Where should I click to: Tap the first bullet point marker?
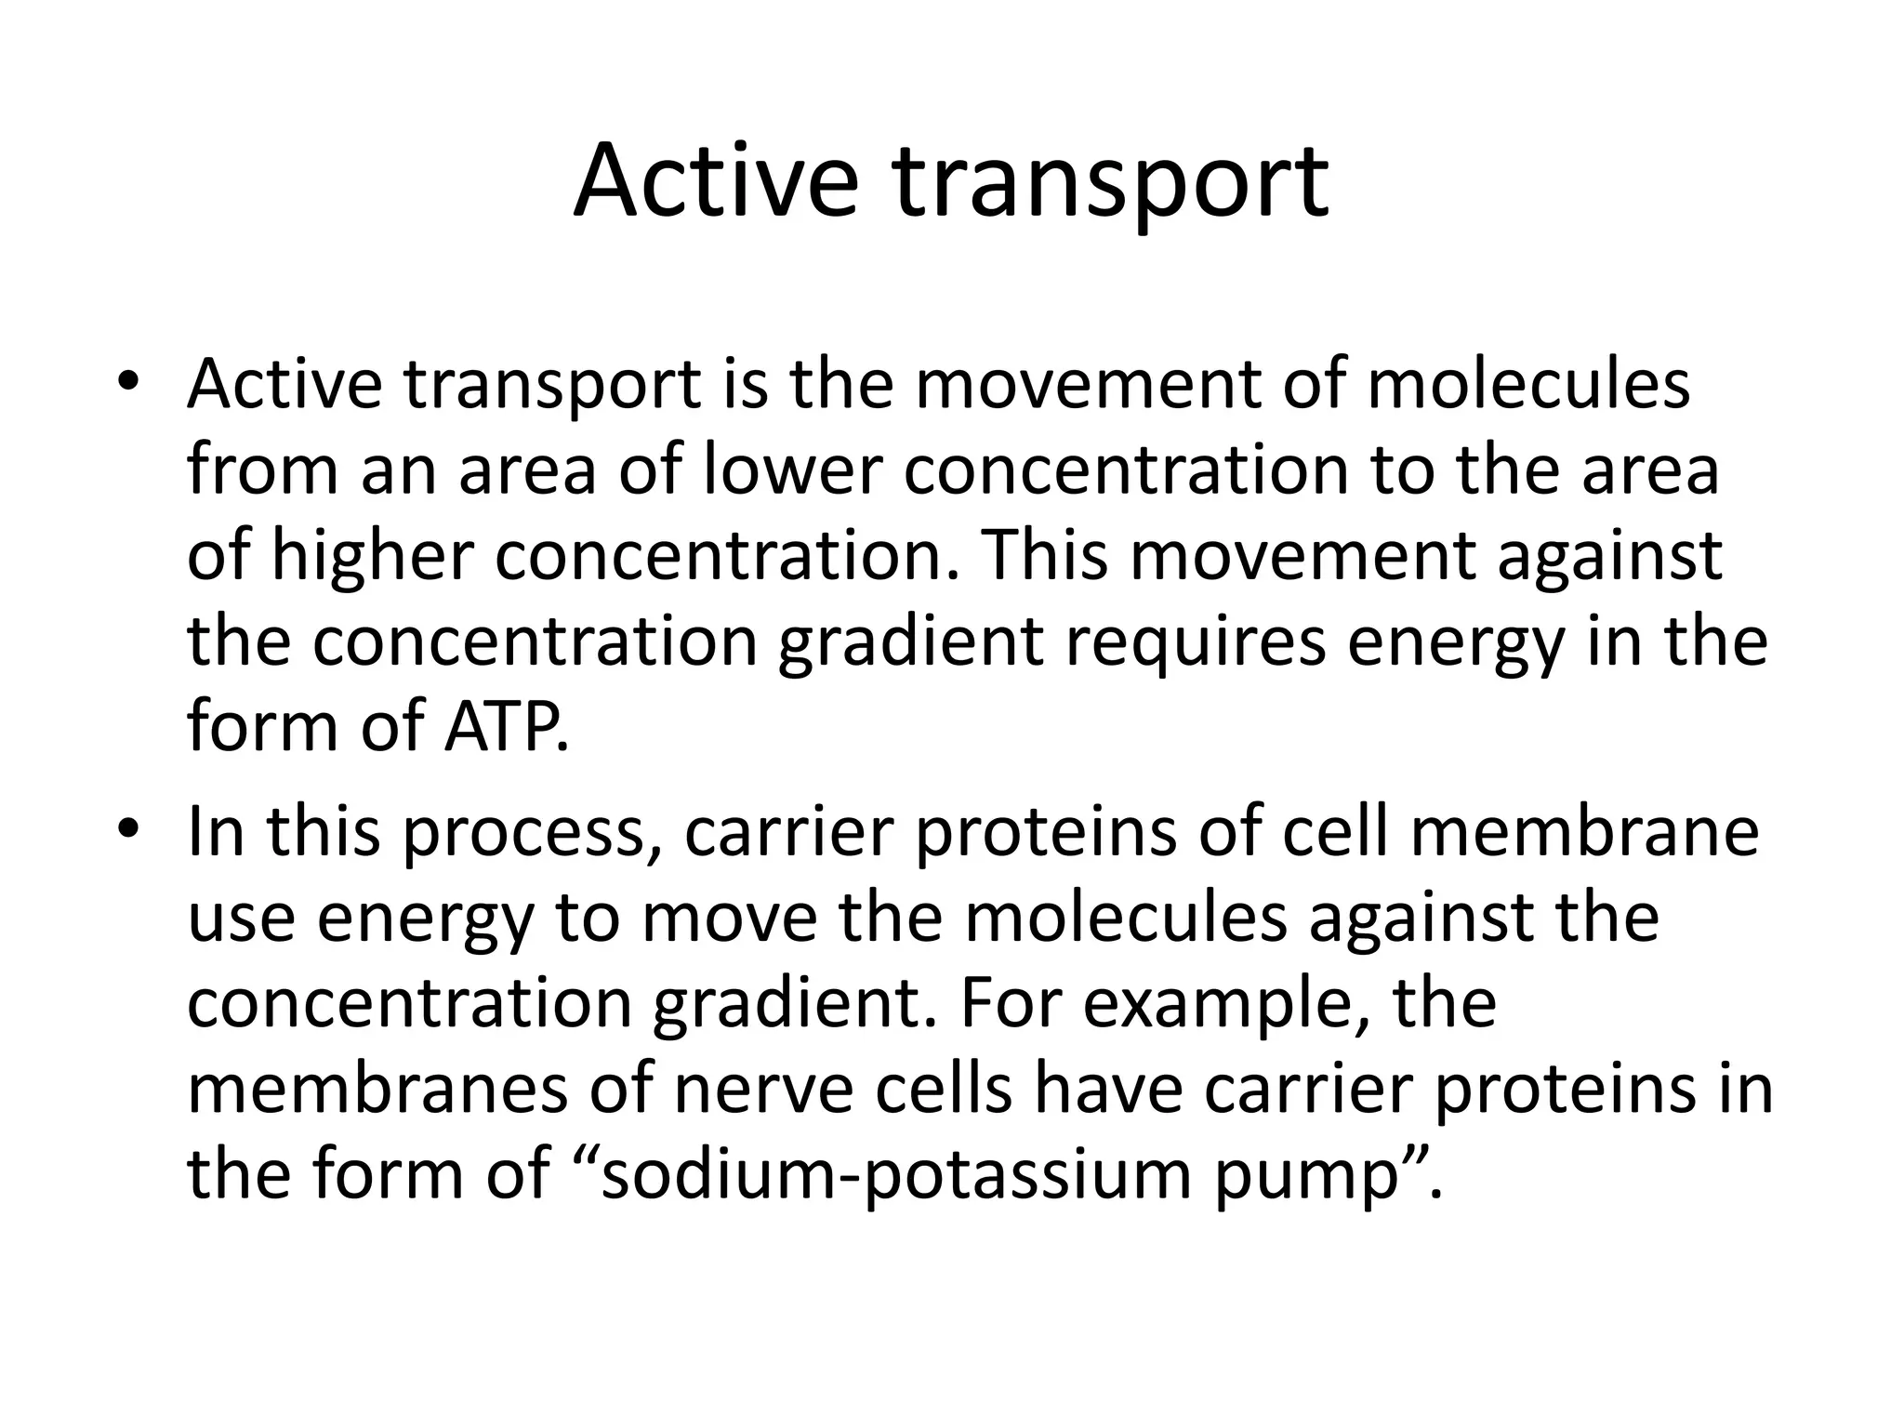click(128, 384)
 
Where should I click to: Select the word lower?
click(789, 469)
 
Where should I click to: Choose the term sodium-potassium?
click(896, 1174)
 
